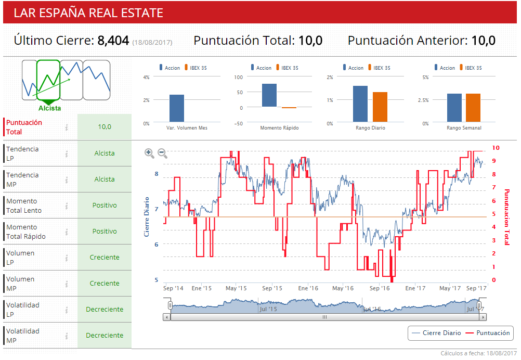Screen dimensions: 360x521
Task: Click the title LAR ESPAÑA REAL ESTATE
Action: point(88,13)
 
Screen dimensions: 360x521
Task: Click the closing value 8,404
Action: point(113,41)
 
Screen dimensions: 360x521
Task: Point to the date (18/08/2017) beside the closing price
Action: point(152,42)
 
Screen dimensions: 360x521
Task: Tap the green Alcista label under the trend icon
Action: point(49,108)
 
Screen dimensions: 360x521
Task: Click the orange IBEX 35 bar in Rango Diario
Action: point(380,107)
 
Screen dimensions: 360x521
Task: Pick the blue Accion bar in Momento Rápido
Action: point(269,95)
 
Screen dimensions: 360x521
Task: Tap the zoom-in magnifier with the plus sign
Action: point(149,153)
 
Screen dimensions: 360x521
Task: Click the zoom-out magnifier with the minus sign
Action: point(162,153)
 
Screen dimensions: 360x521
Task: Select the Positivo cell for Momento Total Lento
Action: point(105,205)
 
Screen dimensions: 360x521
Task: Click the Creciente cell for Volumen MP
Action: point(105,284)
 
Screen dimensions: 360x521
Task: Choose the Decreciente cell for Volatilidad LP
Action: point(105,310)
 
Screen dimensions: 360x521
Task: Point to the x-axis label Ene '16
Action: point(308,288)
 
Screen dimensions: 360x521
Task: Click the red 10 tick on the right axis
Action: point(496,148)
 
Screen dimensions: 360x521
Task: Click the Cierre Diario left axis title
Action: point(146,216)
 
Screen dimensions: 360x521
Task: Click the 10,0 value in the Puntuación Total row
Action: point(105,127)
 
